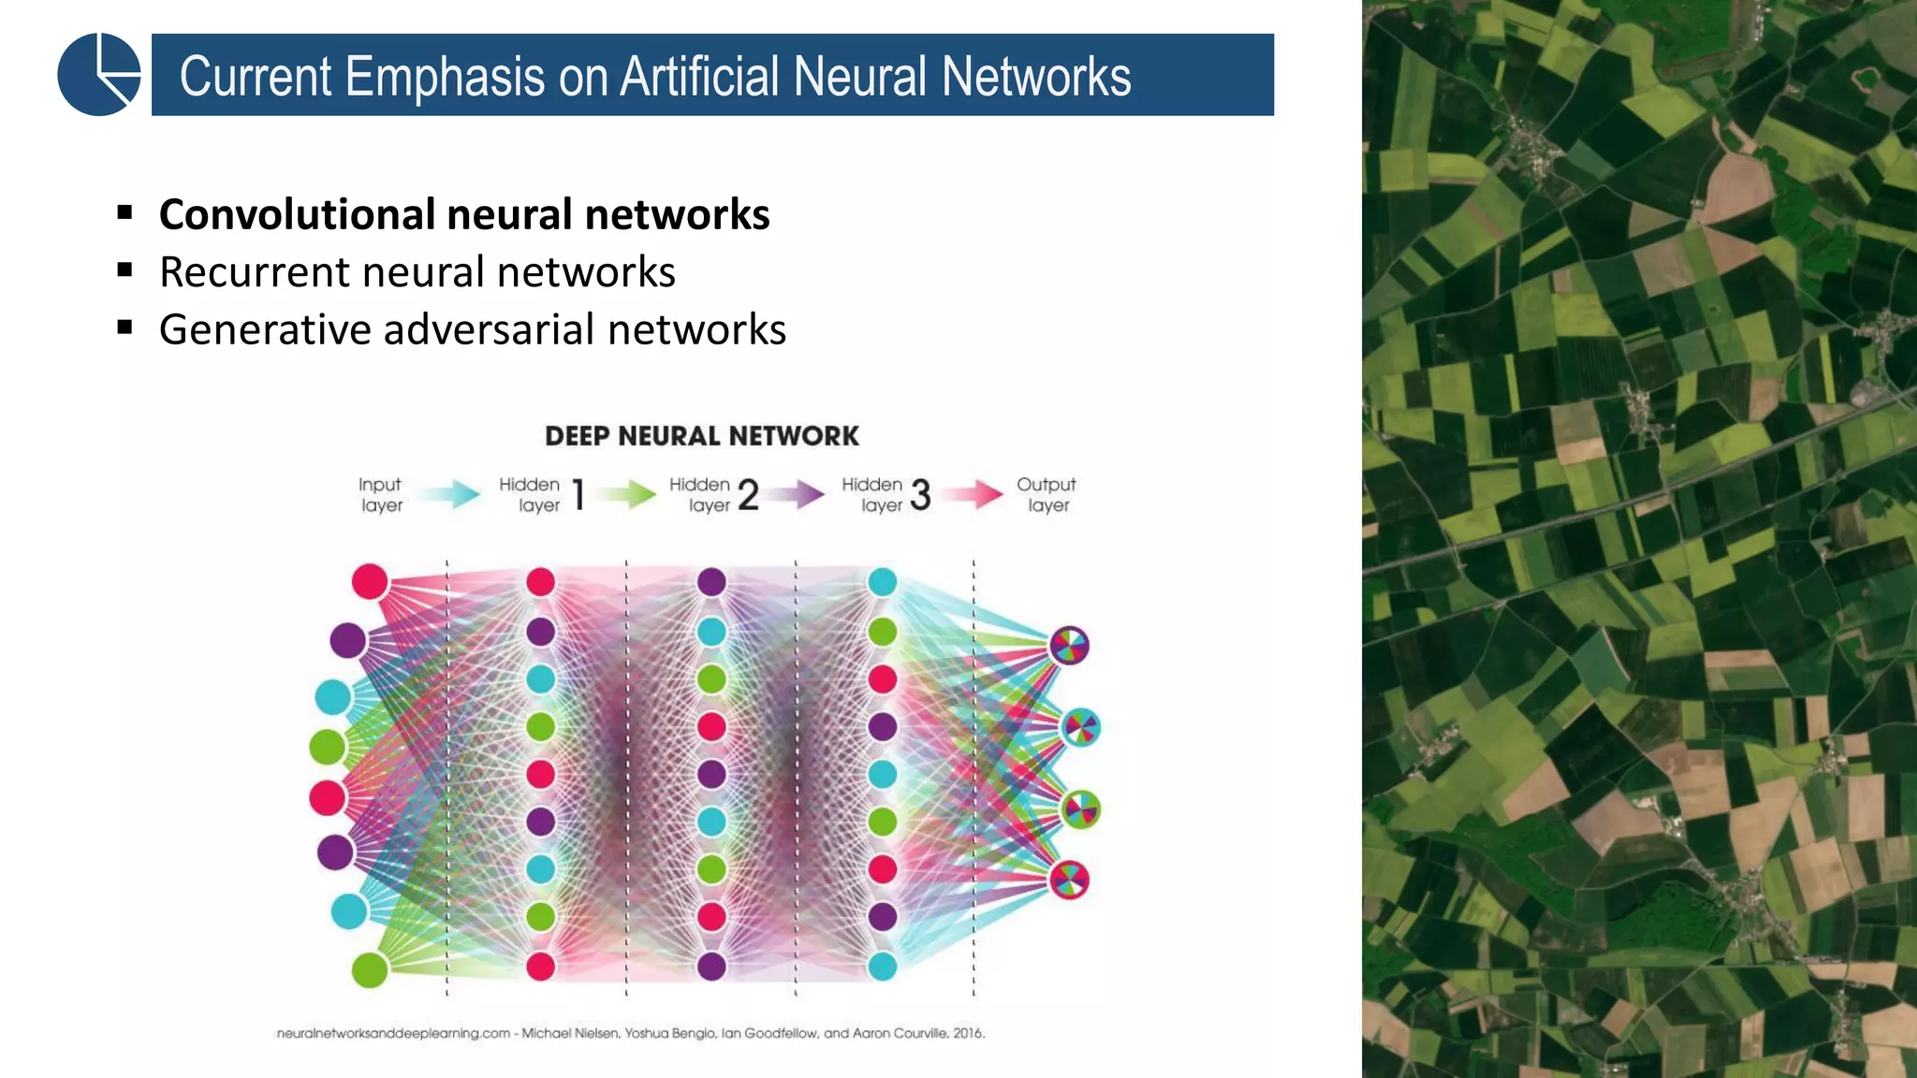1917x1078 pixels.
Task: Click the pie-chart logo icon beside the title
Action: pyautogui.click(x=98, y=75)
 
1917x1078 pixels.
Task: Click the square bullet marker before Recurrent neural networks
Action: pyautogui.click(x=125, y=270)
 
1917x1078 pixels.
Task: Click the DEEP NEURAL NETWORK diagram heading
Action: pyautogui.click(x=701, y=436)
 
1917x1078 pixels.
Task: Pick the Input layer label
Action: pyautogui.click(x=380, y=495)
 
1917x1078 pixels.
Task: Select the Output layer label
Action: pyautogui.click(x=1046, y=495)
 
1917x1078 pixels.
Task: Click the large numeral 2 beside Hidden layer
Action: pyautogui.click(x=748, y=495)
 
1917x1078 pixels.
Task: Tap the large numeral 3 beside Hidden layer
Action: pyautogui.click(x=920, y=495)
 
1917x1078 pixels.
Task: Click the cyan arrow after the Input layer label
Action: pyautogui.click(x=447, y=493)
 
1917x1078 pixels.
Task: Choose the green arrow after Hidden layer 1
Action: pyautogui.click(x=627, y=493)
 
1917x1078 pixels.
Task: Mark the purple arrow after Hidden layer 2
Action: pyautogui.click(x=798, y=493)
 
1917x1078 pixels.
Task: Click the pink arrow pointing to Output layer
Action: pyautogui.click(x=973, y=493)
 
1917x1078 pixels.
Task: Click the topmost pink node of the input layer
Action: pyautogui.click(x=370, y=581)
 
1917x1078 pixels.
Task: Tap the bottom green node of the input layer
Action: pyautogui.click(x=370, y=969)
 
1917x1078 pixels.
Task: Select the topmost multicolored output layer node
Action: pyautogui.click(x=1069, y=646)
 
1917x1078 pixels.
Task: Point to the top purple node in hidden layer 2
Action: pyautogui.click(x=711, y=582)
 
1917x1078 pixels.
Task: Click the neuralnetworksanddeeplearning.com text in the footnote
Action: pyautogui.click(x=393, y=1033)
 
